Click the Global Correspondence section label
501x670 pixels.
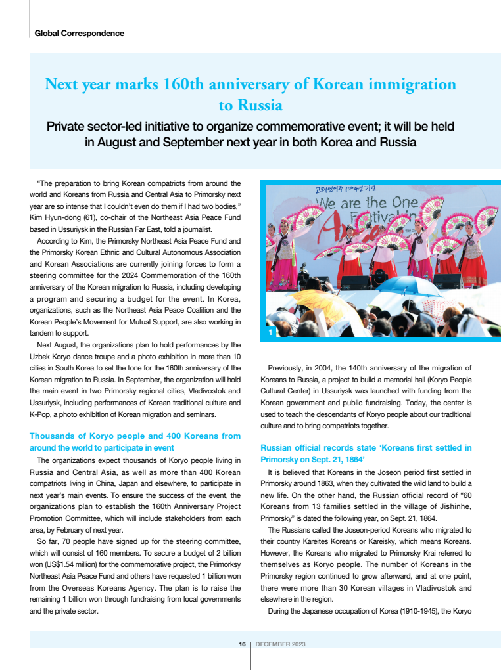[79, 33]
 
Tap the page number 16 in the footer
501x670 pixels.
[242, 644]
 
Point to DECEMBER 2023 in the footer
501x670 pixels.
[280, 644]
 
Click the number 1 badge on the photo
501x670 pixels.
[270, 334]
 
